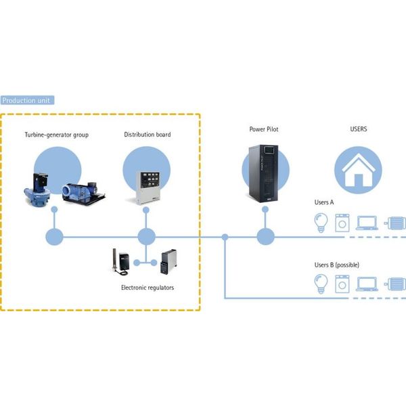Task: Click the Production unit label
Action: (x=27, y=100)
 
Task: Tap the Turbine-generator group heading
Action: (x=57, y=135)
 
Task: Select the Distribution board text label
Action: (x=148, y=135)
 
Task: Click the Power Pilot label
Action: (x=264, y=129)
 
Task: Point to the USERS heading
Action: (x=359, y=129)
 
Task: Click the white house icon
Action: (x=359, y=170)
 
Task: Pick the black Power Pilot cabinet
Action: (x=263, y=173)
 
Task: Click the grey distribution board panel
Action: (x=148, y=187)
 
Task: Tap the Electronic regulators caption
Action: (x=148, y=288)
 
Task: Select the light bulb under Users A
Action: (x=321, y=223)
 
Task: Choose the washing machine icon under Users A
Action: (x=342, y=223)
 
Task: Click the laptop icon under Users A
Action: (x=367, y=223)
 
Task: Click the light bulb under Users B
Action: (x=321, y=284)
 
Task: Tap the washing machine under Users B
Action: (x=342, y=284)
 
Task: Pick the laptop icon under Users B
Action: (x=367, y=284)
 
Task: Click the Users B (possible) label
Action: (x=336, y=265)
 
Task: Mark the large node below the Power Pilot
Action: (x=265, y=237)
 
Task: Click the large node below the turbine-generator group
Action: (x=54, y=237)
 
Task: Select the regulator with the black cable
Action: (x=121, y=262)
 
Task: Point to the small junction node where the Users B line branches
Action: (x=225, y=237)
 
